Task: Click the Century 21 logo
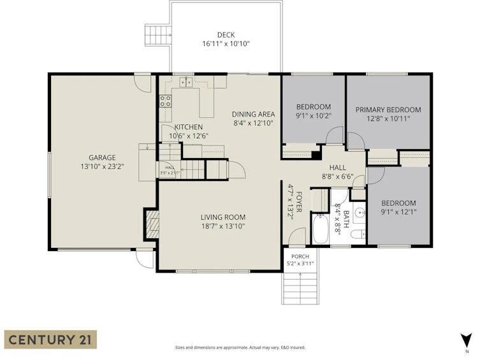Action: coord(50,340)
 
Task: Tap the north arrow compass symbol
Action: coord(466,340)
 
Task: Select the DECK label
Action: coord(226,35)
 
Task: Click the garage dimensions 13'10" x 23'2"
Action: coord(102,167)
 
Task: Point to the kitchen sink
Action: coord(185,82)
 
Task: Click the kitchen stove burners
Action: coord(165,101)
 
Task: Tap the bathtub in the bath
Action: coord(320,229)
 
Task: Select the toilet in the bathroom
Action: coord(358,234)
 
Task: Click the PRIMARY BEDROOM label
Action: coord(388,110)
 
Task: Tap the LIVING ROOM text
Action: coord(223,217)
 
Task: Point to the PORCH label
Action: coord(300,256)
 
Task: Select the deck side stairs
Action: coord(157,34)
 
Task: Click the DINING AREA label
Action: coord(253,115)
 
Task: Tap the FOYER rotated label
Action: coord(299,201)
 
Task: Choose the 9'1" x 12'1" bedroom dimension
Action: coord(398,212)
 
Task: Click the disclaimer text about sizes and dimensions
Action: coord(240,347)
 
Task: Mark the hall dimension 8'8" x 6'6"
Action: coord(338,176)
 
